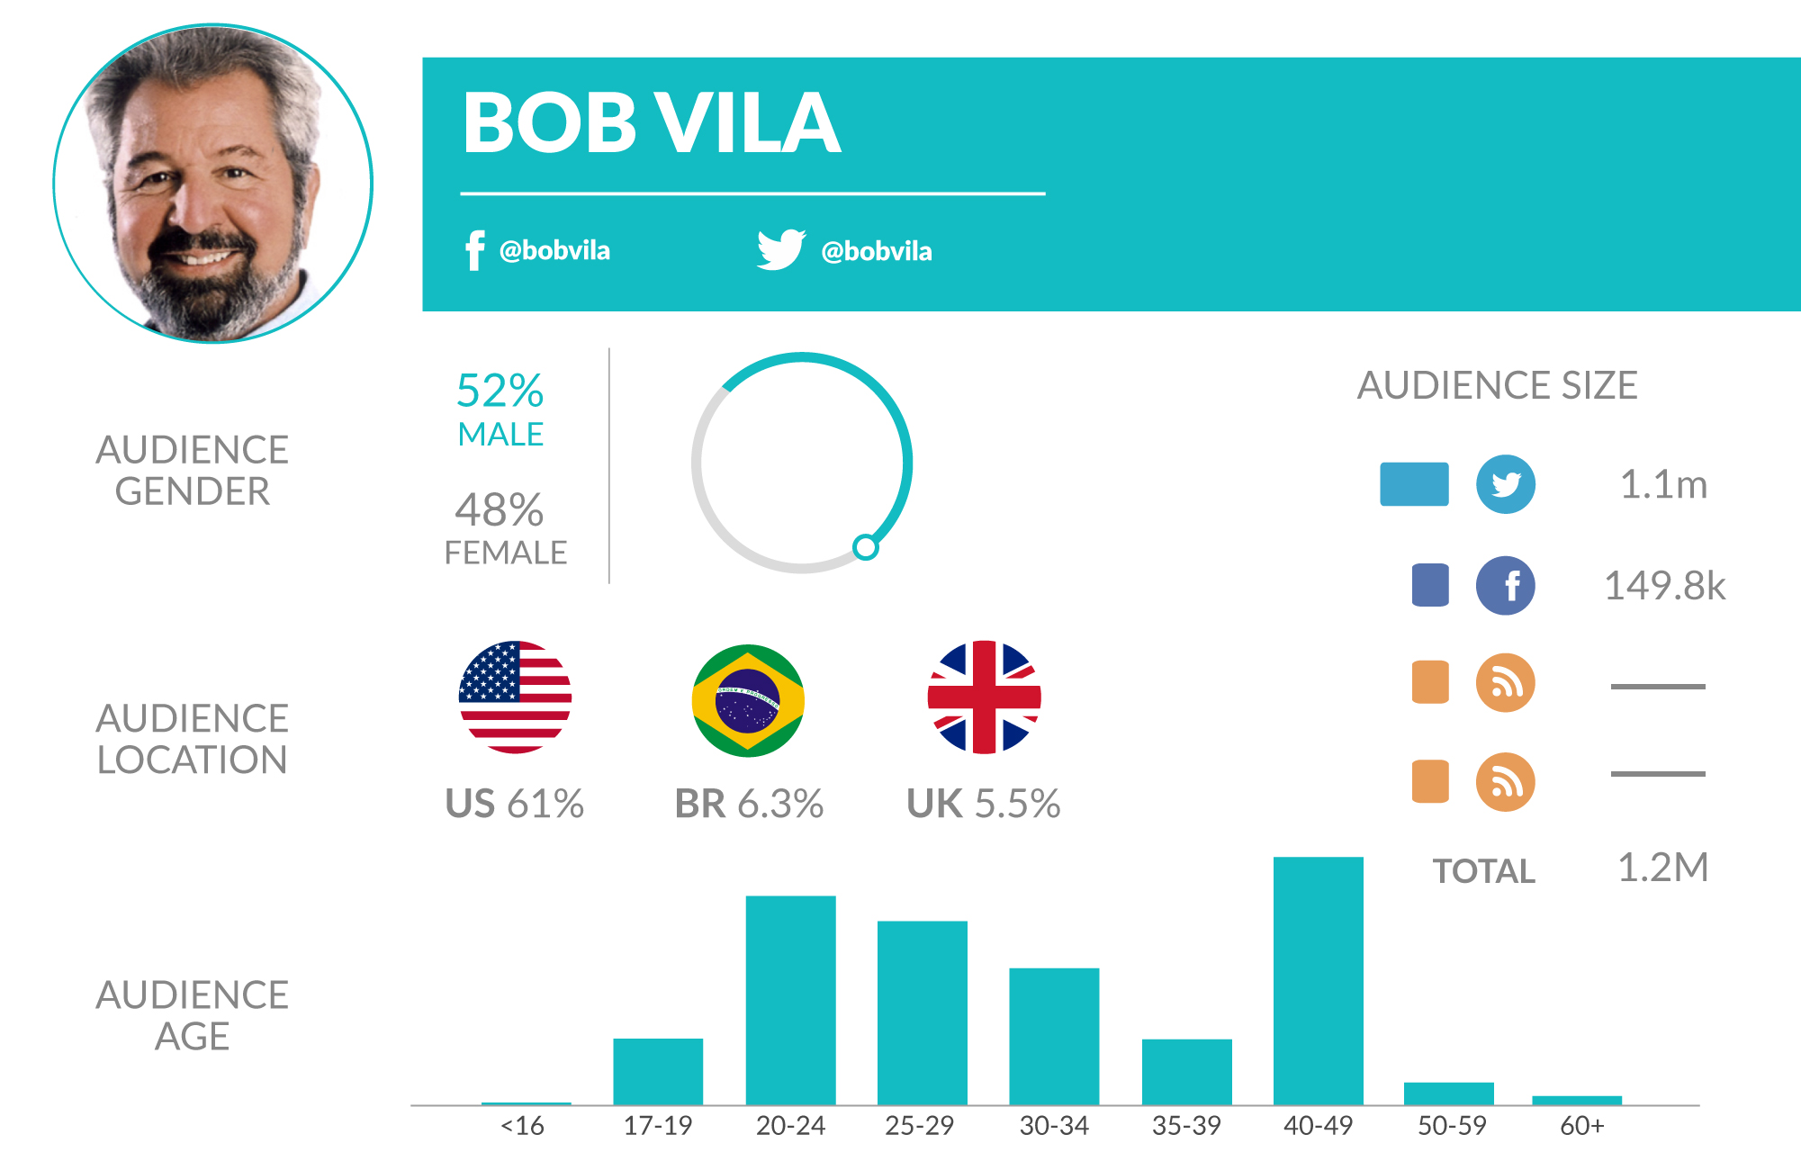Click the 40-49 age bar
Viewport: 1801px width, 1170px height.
coord(1318,980)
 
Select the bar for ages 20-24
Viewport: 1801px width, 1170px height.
coord(790,1000)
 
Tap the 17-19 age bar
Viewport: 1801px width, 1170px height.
coord(658,1071)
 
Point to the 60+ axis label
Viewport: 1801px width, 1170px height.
coord(1581,1125)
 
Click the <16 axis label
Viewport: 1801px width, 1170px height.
coord(522,1125)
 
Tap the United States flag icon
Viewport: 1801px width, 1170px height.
coord(515,697)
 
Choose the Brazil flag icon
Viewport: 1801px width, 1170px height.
coord(748,700)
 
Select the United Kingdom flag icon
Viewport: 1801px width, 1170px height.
coord(984,697)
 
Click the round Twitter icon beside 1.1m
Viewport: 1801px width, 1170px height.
coord(1505,484)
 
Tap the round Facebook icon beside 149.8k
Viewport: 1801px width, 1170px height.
coord(1505,585)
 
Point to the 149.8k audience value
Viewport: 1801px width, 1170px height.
coord(1664,586)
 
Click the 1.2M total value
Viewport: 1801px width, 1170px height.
coord(1662,868)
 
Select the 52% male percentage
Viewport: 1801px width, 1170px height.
coord(500,391)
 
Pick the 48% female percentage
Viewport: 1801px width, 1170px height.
coord(500,510)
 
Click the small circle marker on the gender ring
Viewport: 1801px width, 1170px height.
coord(865,546)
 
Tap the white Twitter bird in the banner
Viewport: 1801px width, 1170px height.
coord(780,249)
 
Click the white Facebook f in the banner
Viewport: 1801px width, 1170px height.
coord(474,250)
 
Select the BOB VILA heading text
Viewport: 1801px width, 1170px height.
coord(652,123)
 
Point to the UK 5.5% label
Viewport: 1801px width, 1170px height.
coord(983,804)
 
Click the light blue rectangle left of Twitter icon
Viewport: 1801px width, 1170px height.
coord(1414,484)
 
